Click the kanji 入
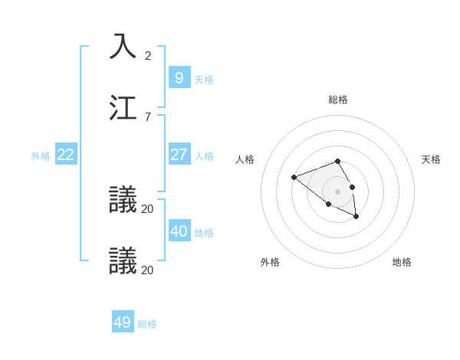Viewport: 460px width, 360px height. [123, 46]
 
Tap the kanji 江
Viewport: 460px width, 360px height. [123, 107]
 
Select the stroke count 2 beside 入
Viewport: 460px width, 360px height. [148, 56]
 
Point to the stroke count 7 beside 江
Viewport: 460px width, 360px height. [148, 117]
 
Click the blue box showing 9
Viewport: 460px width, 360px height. [179, 78]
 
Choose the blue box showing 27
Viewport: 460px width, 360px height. [179, 155]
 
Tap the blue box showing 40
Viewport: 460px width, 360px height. [179, 231]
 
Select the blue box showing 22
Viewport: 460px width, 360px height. [66, 155]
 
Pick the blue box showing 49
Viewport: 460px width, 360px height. [123, 322]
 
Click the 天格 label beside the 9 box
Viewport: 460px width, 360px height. [204, 80]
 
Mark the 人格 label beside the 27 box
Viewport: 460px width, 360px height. [204, 156]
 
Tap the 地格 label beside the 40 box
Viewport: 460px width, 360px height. [204, 233]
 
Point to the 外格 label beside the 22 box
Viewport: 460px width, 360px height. [41, 156]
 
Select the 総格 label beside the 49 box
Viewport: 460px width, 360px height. [147, 324]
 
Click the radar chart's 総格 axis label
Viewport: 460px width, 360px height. [338, 100]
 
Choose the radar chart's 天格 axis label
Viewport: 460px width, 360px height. [431, 159]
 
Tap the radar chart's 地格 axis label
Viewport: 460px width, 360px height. [402, 262]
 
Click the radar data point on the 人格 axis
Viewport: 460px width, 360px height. [294, 178]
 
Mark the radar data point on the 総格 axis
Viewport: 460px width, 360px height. [338, 161]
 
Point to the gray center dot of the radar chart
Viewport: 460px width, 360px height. [338, 191]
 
